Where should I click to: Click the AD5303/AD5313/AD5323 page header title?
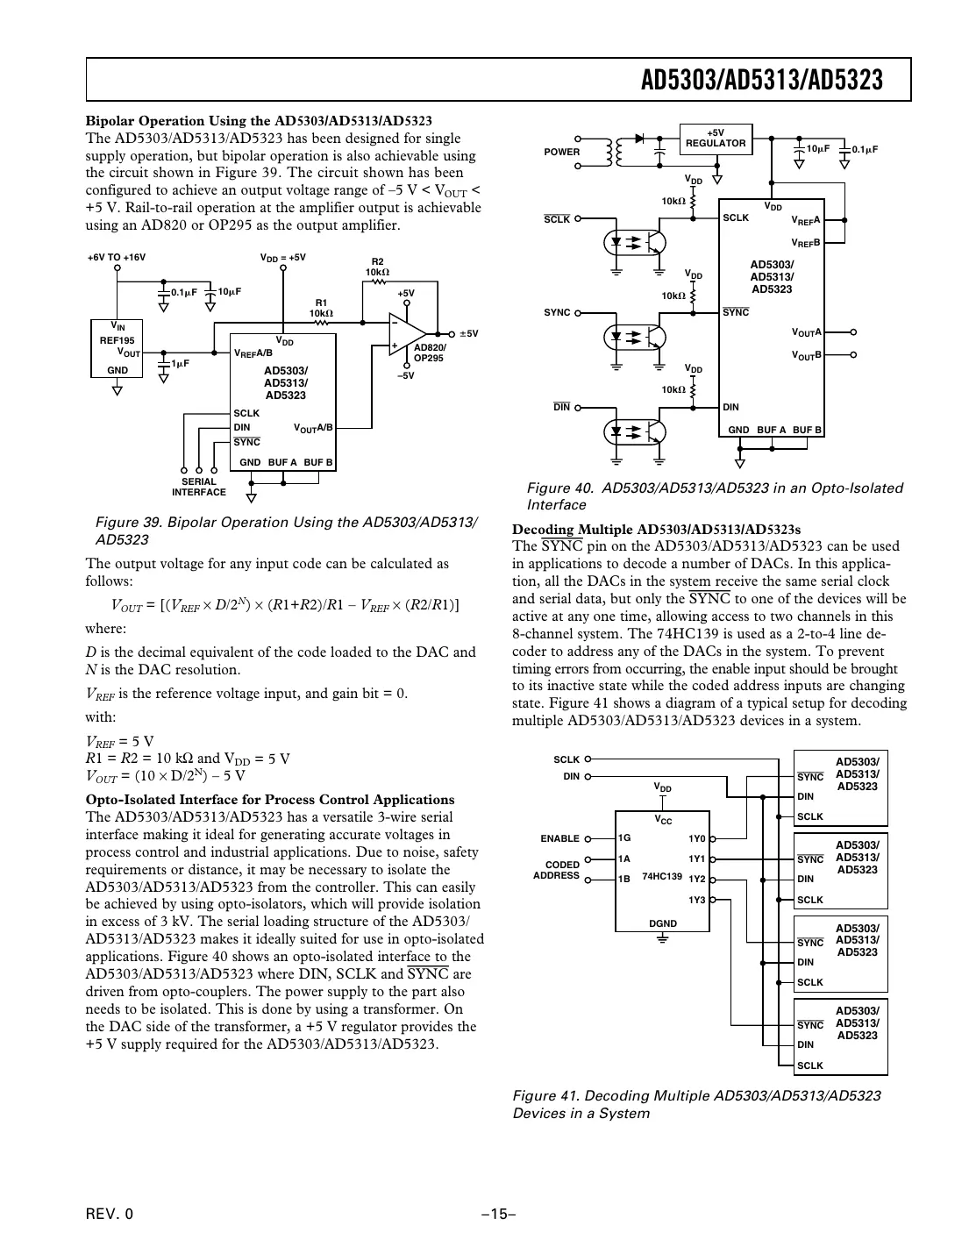[x=761, y=81]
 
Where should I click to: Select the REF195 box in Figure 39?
[x=117, y=348]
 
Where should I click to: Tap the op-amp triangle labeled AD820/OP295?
[x=406, y=334]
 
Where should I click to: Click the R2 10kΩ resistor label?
[x=377, y=267]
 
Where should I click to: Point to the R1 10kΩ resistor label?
[x=321, y=308]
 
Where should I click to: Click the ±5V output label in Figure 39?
[x=468, y=334]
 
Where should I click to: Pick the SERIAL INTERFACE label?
[x=199, y=487]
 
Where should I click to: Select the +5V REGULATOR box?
[x=716, y=139]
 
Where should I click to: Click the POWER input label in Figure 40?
[x=561, y=152]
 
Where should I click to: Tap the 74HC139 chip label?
[x=662, y=876]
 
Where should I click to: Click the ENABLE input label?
[x=559, y=838]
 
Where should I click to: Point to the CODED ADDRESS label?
[x=557, y=870]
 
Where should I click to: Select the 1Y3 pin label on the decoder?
[x=696, y=900]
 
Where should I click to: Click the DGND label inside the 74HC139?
[x=663, y=923]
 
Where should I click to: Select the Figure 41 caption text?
[x=696, y=1104]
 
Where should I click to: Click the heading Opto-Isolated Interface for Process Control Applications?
[x=270, y=800]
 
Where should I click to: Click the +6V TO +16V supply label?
[x=117, y=258]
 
